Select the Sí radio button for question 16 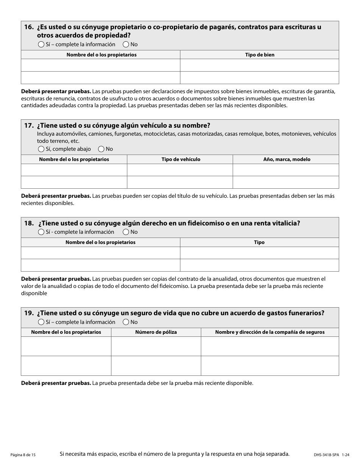point(41,44)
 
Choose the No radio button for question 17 point(101,149)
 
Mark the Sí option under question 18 point(41,232)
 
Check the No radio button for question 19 point(126,322)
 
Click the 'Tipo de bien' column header point(260,55)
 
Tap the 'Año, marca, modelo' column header point(286,160)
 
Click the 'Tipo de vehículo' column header point(180,160)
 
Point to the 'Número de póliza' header point(156,332)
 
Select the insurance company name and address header point(270,332)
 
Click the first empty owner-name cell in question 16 point(100,65)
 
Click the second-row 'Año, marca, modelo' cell point(286,182)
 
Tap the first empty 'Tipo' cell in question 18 point(259,253)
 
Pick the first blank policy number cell point(156,346)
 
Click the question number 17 point(29,126)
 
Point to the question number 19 point(29,313)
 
